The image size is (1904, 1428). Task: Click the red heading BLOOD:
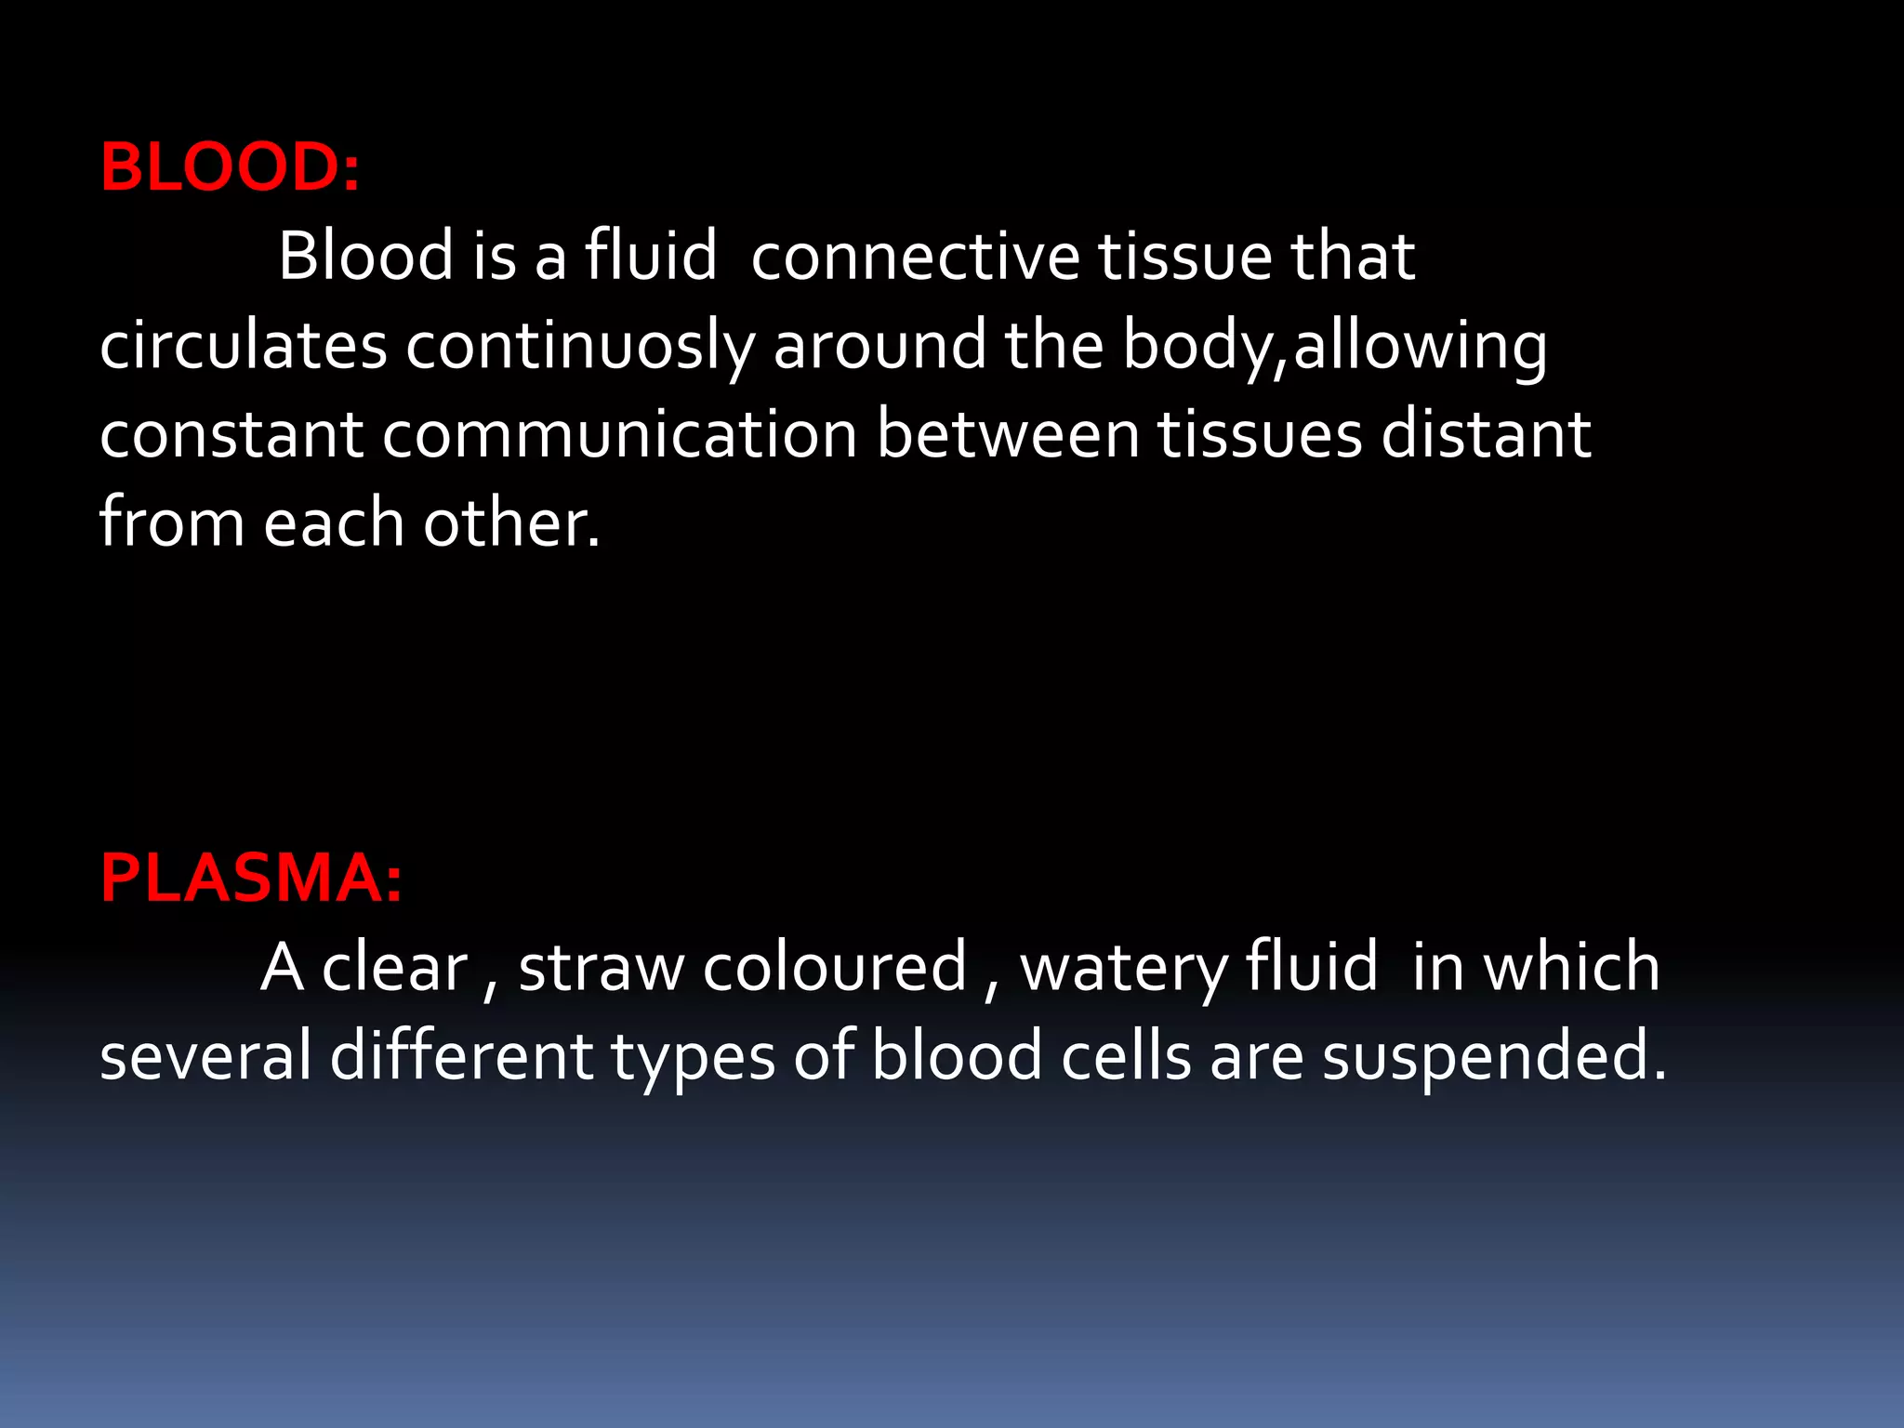coord(230,168)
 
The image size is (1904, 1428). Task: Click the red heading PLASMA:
coord(251,879)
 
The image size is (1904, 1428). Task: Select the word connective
coord(915,256)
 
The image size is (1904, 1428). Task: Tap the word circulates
coord(243,345)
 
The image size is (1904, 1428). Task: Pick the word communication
coord(619,434)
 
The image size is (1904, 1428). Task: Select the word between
coord(1008,434)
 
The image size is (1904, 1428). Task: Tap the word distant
coord(1486,434)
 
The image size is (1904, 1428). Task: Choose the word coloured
coord(835,968)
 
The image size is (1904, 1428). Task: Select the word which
coord(1571,968)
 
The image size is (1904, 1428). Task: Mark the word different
coord(461,1056)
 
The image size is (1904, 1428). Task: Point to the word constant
coord(231,434)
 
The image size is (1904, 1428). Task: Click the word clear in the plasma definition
coord(394,968)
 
